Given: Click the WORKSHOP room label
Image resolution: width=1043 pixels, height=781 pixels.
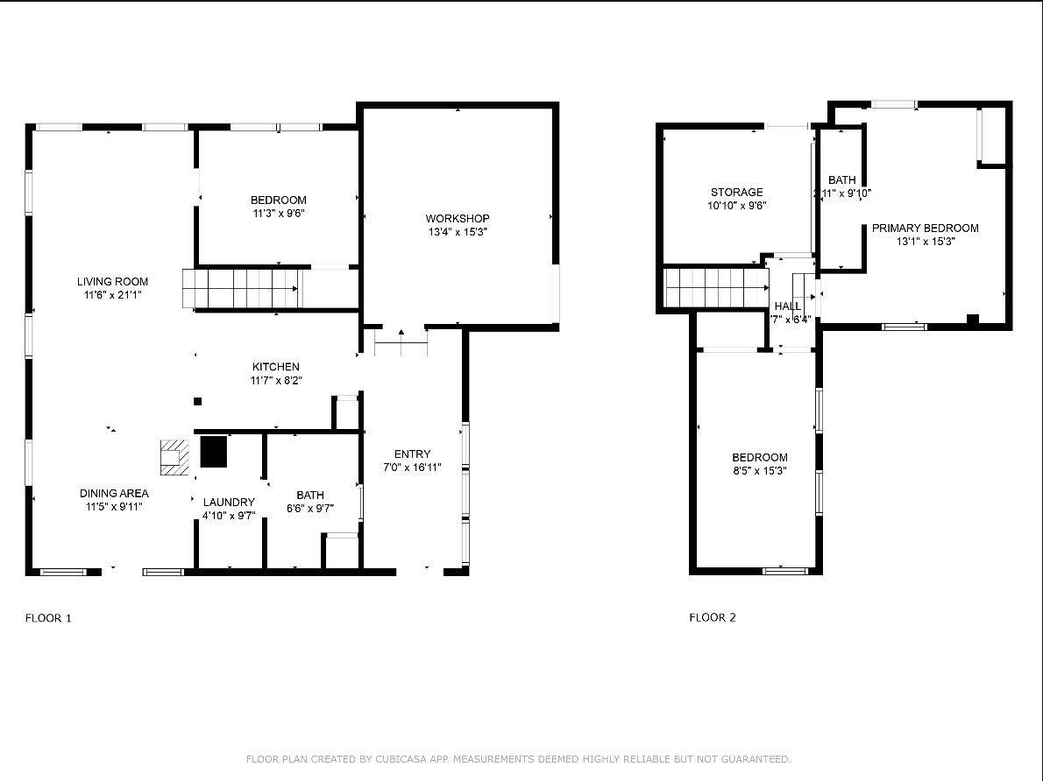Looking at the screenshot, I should coord(458,218).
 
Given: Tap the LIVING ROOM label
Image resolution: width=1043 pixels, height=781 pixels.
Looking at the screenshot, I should coord(112,281).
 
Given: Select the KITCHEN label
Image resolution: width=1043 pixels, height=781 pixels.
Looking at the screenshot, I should coord(276,367).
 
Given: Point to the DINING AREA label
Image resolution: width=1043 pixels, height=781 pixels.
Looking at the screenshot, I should coord(114,493).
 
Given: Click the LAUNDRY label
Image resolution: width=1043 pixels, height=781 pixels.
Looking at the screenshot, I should coord(229,502).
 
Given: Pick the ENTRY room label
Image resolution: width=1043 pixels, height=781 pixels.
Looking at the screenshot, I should coord(412,454).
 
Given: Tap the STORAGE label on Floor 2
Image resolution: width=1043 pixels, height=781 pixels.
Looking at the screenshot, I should coord(736,192).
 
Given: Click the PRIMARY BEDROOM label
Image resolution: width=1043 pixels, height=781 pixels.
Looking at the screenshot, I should coord(925,228).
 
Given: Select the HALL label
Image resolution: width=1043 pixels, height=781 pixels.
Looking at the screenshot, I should coord(787,306).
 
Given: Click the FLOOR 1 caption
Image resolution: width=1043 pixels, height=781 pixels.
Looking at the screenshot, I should coord(48,618).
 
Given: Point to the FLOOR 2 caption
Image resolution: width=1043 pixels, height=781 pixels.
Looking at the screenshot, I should coord(713,617).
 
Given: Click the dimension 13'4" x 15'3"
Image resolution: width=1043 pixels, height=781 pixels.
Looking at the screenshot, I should coord(458,233).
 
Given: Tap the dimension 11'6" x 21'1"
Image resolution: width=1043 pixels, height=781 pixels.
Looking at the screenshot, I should coord(112,295).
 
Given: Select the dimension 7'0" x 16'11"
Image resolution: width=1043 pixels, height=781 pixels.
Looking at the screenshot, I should coord(412,468).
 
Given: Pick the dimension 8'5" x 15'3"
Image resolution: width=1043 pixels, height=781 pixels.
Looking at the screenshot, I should coord(760,471).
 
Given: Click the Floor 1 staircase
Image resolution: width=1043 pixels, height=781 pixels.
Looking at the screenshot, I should coord(241,288).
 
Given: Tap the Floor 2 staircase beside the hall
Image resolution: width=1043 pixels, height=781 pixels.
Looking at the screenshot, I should coord(716,287).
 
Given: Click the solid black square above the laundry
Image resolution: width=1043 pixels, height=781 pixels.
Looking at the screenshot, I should coord(213,451).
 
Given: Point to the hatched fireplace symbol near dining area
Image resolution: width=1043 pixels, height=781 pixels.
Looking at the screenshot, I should coord(174,456).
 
